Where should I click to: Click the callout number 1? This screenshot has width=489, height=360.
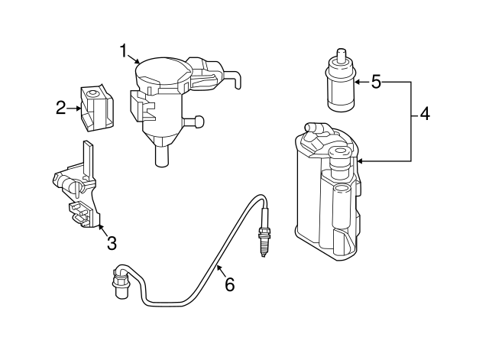pyautogui.click(x=123, y=51)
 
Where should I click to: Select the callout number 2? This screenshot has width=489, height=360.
pyautogui.click(x=62, y=109)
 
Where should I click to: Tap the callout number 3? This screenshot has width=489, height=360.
pyautogui.click(x=112, y=244)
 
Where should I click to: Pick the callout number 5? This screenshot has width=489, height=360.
pyautogui.click(x=376, y=82)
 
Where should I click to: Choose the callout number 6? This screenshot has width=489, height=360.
pyautogui.click(x=229, y=285)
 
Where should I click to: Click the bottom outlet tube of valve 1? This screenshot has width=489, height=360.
pyautogui.click(x=161, y=156)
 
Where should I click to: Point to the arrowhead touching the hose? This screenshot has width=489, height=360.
pyautogui.click(x=216, y=267)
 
